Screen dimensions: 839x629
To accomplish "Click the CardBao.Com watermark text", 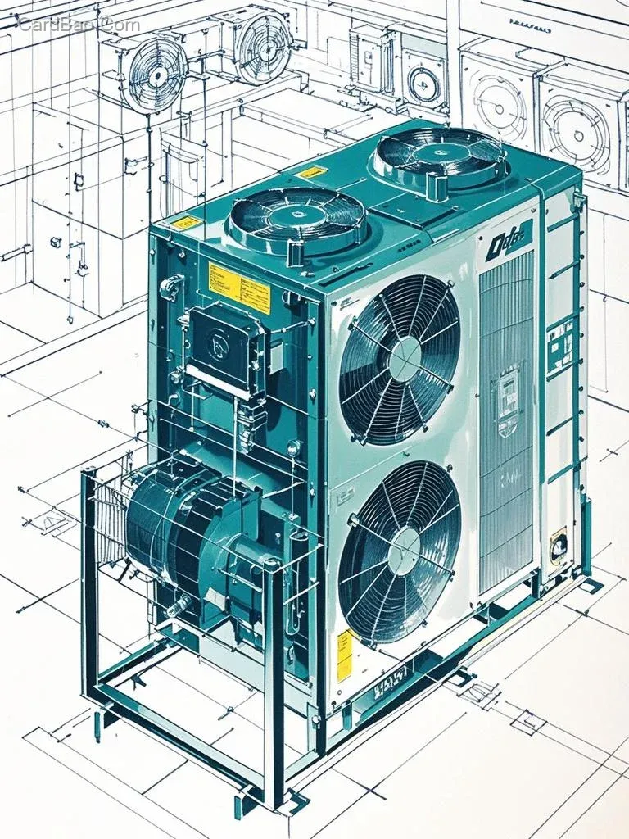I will point(79,25).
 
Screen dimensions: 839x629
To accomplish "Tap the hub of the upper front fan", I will point(403,360).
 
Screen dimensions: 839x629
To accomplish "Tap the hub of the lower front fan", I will point(403,551).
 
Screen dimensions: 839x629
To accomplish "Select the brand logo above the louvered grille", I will point(508,242).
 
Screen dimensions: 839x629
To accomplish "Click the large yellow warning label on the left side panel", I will point(238,288).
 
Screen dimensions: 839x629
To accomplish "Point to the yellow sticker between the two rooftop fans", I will point(311,172).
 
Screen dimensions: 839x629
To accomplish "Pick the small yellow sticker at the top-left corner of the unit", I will point(183,223).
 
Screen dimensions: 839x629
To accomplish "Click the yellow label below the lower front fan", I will point(345,655).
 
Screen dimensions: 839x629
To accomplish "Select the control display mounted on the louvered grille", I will point(507,401).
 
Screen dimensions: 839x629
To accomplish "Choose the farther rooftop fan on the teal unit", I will point(438,156).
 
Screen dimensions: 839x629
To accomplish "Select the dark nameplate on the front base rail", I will point(391,679).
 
